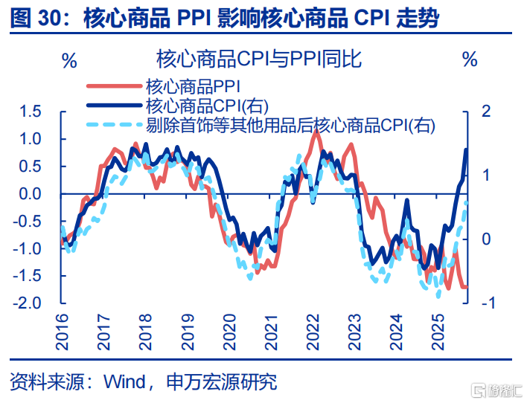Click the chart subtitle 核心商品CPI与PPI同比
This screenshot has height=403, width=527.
click(x=259, y=59)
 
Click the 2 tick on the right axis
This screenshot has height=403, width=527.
click(x=487, y=112)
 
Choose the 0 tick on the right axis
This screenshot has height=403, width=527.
click(x=487, y=239)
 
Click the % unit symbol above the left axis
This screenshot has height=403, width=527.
click(x=69, y=60)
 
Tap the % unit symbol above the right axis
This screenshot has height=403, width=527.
click(x=470, y=60)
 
